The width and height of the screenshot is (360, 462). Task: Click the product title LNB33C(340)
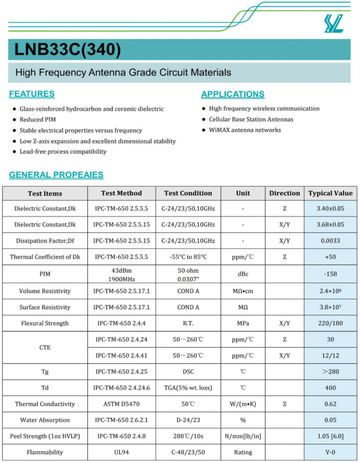[x=68, y=50]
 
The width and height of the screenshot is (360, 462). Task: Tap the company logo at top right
[x=334, y=23]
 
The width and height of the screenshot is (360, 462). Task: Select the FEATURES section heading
[x=32, y=94]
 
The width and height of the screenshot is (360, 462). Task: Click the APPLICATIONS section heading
[x=232, y=95]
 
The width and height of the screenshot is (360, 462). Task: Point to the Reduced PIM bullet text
[x=38, y=120]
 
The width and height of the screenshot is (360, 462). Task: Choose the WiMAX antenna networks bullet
[x=245, y=130]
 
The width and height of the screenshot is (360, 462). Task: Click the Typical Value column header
[x=330, y=194]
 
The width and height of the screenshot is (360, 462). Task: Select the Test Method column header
[x=122, y=194]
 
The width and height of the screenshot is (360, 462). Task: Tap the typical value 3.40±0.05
[x=330, y=209]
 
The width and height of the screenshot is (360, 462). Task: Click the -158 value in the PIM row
[x=330, y=274]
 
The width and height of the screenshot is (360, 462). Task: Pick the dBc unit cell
[x=243, y=274]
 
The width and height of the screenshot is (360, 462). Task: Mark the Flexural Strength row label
[x=45, y=323]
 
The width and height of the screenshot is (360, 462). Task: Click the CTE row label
[x=45, y=347]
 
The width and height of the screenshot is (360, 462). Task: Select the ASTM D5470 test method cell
[x=122, y=404]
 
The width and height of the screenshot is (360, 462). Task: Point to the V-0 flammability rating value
[x=330, y=452]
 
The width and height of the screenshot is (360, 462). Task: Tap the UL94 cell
[x=122, y=452]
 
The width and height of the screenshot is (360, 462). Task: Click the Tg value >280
[x=330, y=372]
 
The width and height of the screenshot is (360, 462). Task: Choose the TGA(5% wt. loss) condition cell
[x=188, y=388]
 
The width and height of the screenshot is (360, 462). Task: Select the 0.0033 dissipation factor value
[x=330, y=241]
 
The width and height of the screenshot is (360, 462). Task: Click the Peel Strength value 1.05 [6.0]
[x=330, y=436]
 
